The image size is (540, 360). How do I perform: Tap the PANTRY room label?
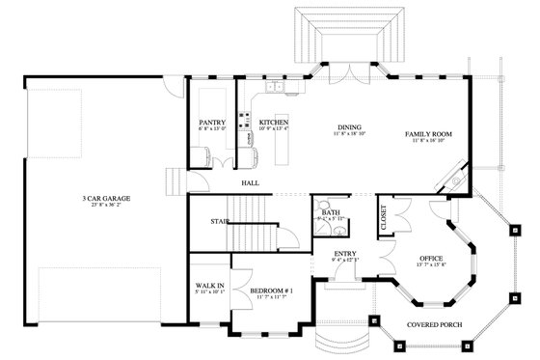point(211,123)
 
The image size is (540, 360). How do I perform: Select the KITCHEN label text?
point(274,123)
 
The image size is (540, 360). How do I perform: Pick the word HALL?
point(251,180)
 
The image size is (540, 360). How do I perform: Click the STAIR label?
point(219,221)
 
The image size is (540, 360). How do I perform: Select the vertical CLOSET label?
point(384,219)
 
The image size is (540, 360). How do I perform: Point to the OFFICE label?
point(430,259)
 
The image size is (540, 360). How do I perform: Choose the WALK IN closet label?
point(209,286)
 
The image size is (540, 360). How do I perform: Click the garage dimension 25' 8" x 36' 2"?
point(106,205)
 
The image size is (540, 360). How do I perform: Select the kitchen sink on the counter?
point(276,89)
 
